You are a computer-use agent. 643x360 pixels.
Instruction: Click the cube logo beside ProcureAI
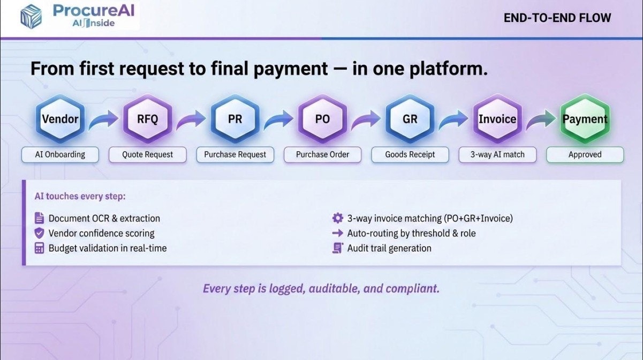point(31,17)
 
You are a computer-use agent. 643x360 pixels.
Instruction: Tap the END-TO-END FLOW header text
point(557,18)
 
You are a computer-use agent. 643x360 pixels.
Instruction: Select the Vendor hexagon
point(60,118)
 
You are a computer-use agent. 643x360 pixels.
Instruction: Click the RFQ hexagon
point(148,118)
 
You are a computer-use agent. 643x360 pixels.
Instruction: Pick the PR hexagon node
point(235,118)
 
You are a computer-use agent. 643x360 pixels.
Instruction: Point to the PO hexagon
point(323,118)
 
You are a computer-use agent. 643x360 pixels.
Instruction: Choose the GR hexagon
point(410,118)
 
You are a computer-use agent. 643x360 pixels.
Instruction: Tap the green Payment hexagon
point(585,118)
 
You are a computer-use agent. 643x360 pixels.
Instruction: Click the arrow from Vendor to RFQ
point(103,120)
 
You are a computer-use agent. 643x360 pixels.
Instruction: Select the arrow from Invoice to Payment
point(541,120)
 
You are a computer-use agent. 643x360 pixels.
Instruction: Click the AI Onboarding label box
point(60,155)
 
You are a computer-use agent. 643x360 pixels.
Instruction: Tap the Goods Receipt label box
point(410,155)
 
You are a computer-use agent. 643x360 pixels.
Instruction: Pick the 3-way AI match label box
point(497,155)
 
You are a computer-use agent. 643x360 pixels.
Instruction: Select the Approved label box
point(585,155)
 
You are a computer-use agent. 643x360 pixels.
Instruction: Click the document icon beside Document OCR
point(39,218)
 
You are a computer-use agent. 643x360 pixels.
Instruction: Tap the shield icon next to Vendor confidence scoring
point(39,233)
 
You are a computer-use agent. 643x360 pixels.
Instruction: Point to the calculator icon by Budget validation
point(39,248)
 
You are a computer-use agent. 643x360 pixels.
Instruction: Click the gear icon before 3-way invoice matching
point(338,218)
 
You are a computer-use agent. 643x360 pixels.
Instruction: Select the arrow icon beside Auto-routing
point(338,233)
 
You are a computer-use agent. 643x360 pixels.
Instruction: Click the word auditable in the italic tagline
point(335,288)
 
